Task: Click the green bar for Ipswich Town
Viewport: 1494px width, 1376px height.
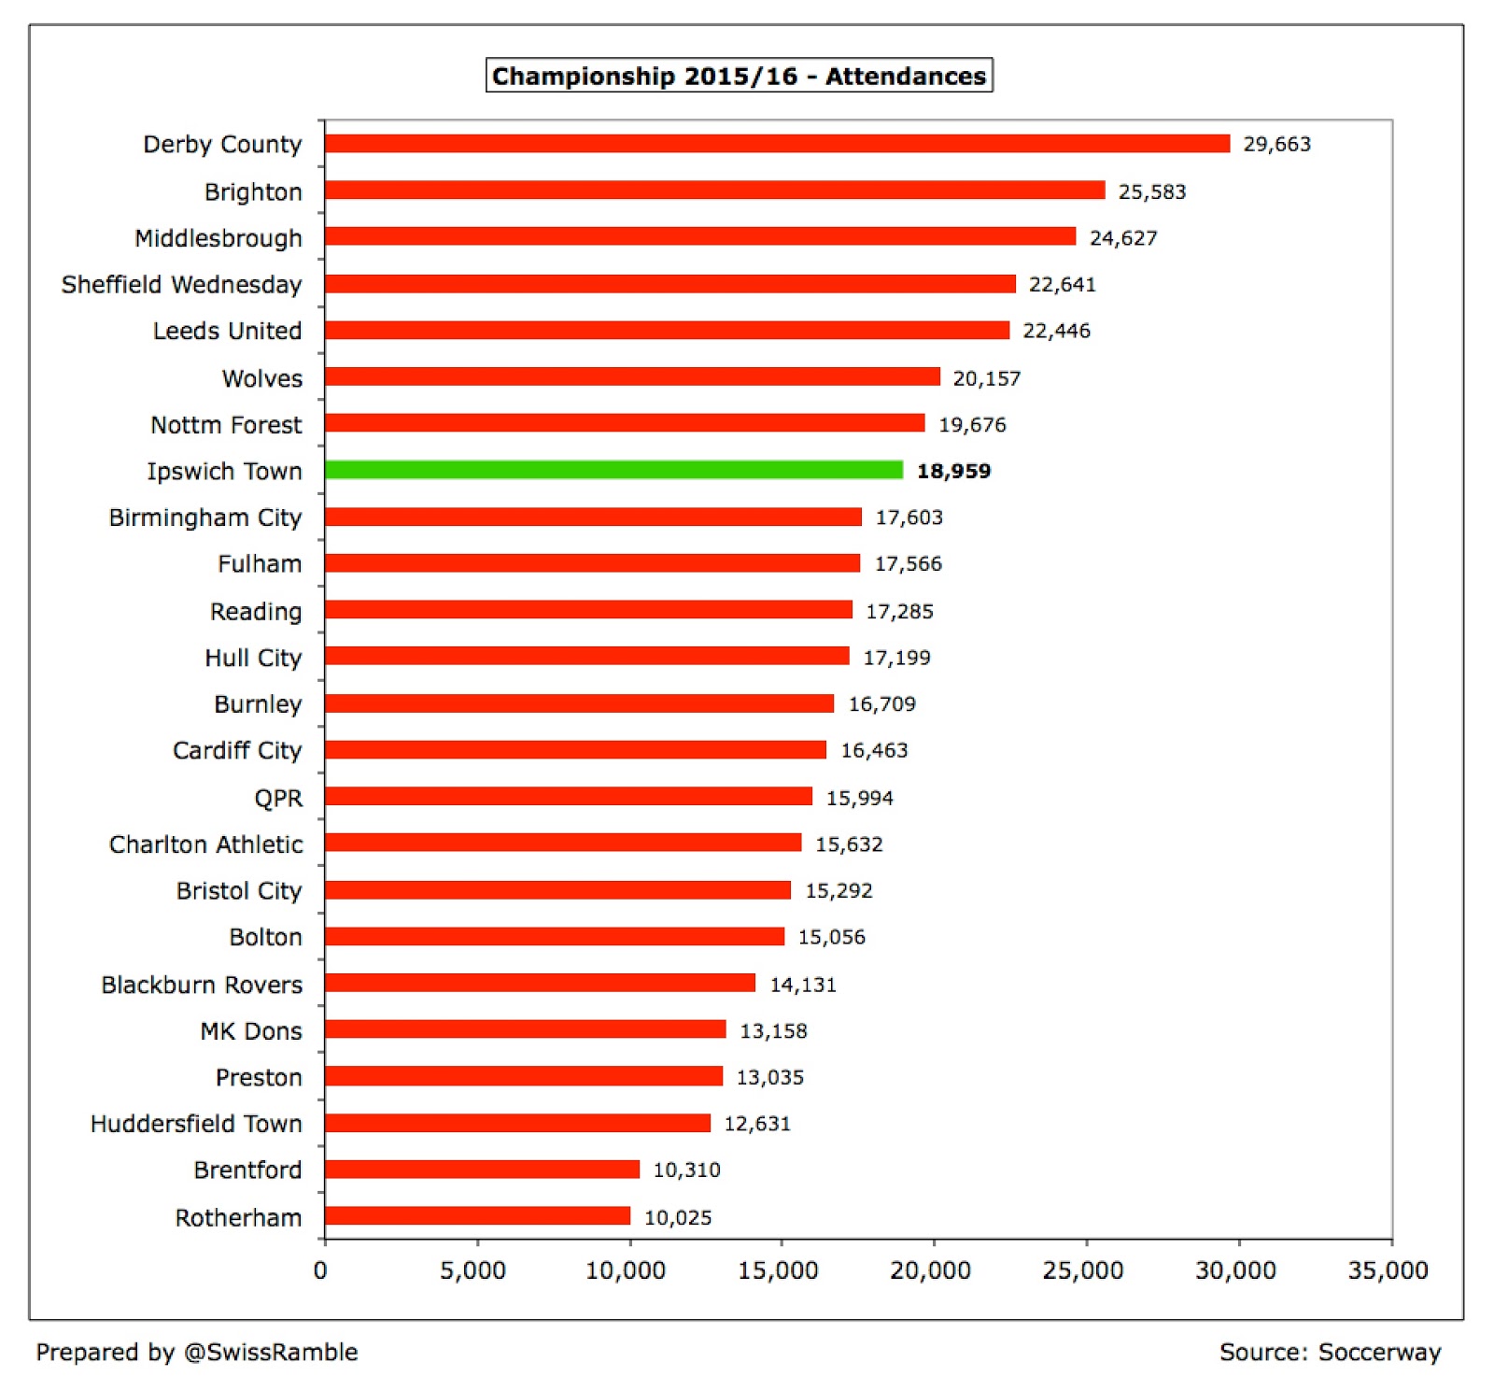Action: pyautogui.click(x=613, y=470)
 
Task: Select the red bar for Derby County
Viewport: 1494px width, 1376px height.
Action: pyautogui.click(x=777, y=143)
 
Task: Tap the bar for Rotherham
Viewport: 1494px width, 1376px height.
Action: pyautogui.click(x=477, y=1215)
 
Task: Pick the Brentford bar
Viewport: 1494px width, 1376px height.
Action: pyautogui.click(x=482, y=1169)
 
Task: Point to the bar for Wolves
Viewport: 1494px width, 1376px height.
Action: pyautogui.click(x=632, y=376)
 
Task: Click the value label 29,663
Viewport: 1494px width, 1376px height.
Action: pyautogui.click(x=1276, y=144)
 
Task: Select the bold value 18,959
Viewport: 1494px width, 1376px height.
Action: pyautogui.click(x=953, y=471)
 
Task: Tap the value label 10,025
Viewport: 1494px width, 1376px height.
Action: pyautogui.click(x=678, y=1217)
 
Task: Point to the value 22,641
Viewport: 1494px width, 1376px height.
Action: pyautogui.click(x=1062, y=284)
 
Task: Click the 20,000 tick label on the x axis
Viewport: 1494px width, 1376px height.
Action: pyautogui.click(x=930, y=1270)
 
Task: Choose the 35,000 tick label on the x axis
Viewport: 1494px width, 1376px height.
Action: pyautogui.click(x=1388, y=1270)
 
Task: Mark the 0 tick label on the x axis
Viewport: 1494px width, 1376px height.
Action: pyautogui.click(x=320, y=1270)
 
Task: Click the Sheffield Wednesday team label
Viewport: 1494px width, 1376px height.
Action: pyautogui.click(x=181, y=284)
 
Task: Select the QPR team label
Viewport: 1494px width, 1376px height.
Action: pyautogui.click(x=278, y=798)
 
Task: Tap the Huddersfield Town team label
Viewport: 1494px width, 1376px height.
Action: pyautogui.click(x=196, y=1123)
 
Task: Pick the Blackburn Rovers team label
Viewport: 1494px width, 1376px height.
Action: pyautogui.click(x=202, y=985)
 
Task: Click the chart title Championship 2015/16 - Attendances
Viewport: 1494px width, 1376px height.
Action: pyautogui.click(x=739, y=76)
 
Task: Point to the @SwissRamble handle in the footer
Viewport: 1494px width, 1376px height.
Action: pyautogui.click(x=271, y=1352)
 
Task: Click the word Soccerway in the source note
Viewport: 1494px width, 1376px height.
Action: pyautogui.click(x=1379, y=1352)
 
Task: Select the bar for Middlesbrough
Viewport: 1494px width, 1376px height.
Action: pyautogui.click(x=700, y=236)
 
